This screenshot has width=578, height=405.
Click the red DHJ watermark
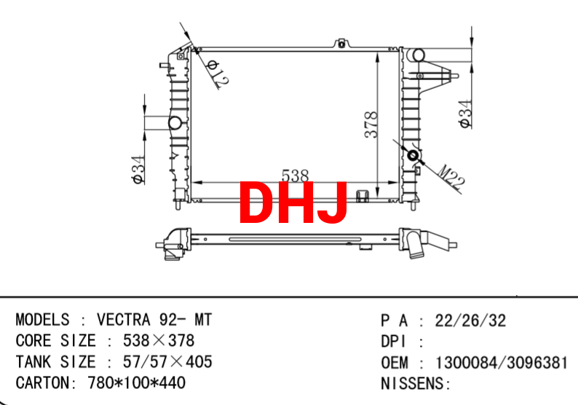click(293, 202)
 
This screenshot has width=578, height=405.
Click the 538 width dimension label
click(295, 176)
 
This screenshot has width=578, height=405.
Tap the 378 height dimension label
click(371, 125)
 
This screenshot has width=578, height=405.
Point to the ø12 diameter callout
click(218, 74)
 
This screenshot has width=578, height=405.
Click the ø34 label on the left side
click(138, 170)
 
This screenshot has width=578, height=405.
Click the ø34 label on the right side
click(465, 114)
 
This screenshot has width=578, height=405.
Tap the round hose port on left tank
click(175, 123)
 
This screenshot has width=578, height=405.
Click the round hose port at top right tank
click(418, 55)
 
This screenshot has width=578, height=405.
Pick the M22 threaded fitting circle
click(413, 155)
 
